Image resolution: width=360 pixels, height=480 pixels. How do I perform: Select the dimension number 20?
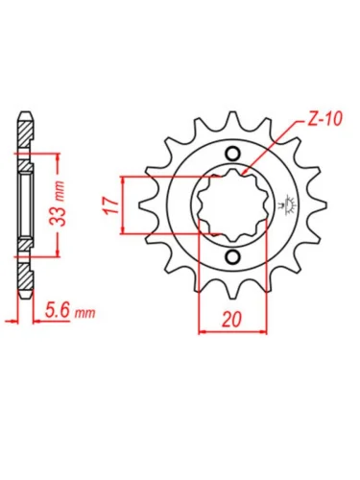click(232, 320)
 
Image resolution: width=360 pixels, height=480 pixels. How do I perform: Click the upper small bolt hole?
click(232, 154)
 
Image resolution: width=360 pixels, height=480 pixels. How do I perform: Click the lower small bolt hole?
click(232, 256)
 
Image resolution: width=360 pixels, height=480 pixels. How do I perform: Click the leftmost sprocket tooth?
click(146, 205)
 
